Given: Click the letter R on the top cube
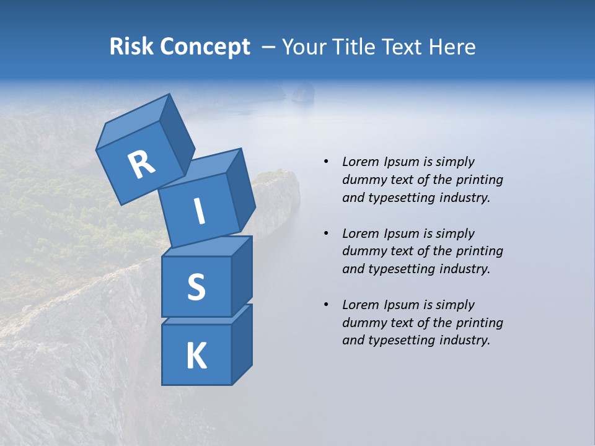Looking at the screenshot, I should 141,165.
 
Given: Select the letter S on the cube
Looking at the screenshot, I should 196,287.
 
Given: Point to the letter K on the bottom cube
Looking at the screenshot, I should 196,356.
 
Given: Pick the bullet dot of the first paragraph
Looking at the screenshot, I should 326,162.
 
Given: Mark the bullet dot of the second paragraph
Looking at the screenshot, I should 326,234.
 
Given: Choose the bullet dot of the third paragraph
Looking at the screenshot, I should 326,305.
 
